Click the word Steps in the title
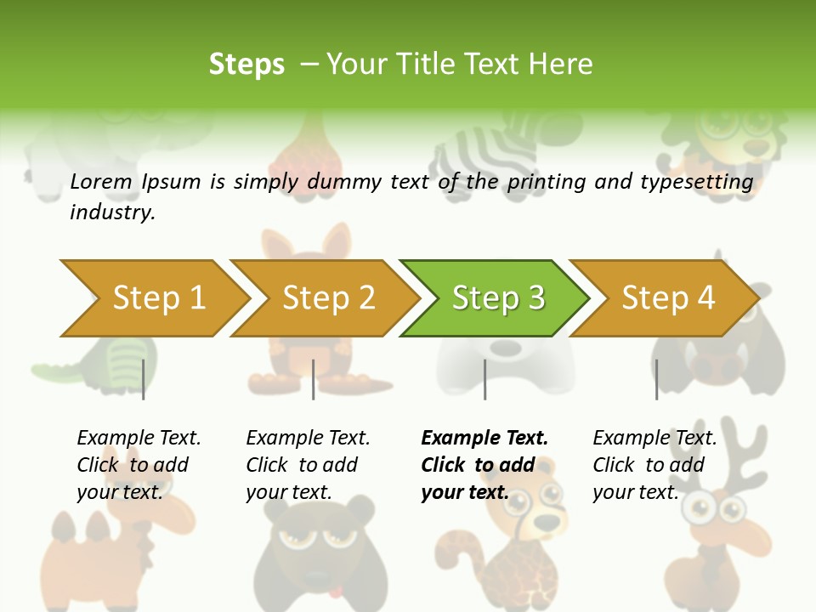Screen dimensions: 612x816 point(246,65)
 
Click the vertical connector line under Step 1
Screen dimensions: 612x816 point(143,379)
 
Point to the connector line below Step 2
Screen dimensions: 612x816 point(314,379)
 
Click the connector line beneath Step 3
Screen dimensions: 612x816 point(484,379)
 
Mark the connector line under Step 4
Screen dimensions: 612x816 point(656,379)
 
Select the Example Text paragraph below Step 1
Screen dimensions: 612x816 point(139,465)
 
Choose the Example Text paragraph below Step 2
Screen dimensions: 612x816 point(308,465)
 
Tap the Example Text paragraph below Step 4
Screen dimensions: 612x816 point(654,465)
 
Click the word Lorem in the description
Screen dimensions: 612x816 point(101,182)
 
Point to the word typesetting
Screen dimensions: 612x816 point(696,182)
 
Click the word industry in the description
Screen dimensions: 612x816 point(111,212)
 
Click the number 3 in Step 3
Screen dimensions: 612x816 point(535,297)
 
